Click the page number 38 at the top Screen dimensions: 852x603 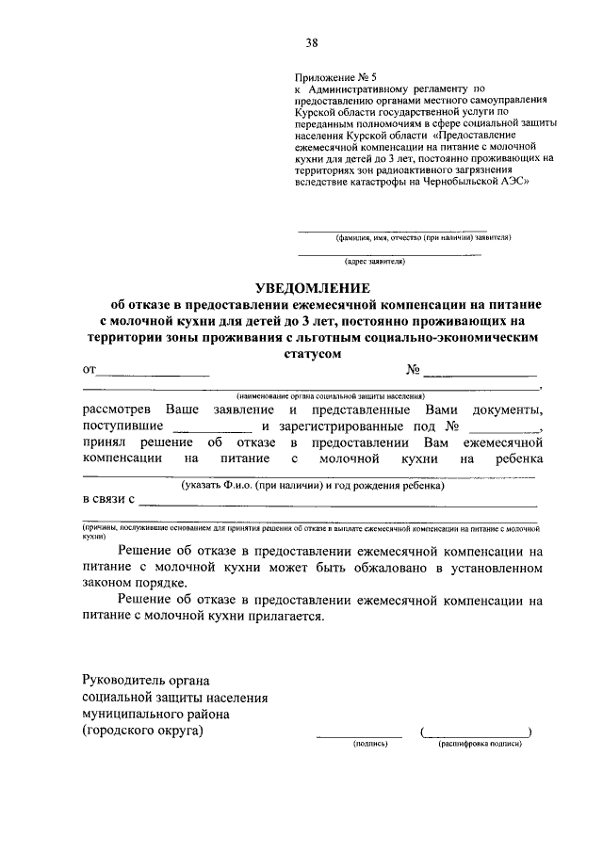pyautogui.click(x=311, y=40)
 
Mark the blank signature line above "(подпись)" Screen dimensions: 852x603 pyautogui.click(x=358, y=733)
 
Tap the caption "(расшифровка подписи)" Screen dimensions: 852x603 pyautogui.click(x=478, y=744)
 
